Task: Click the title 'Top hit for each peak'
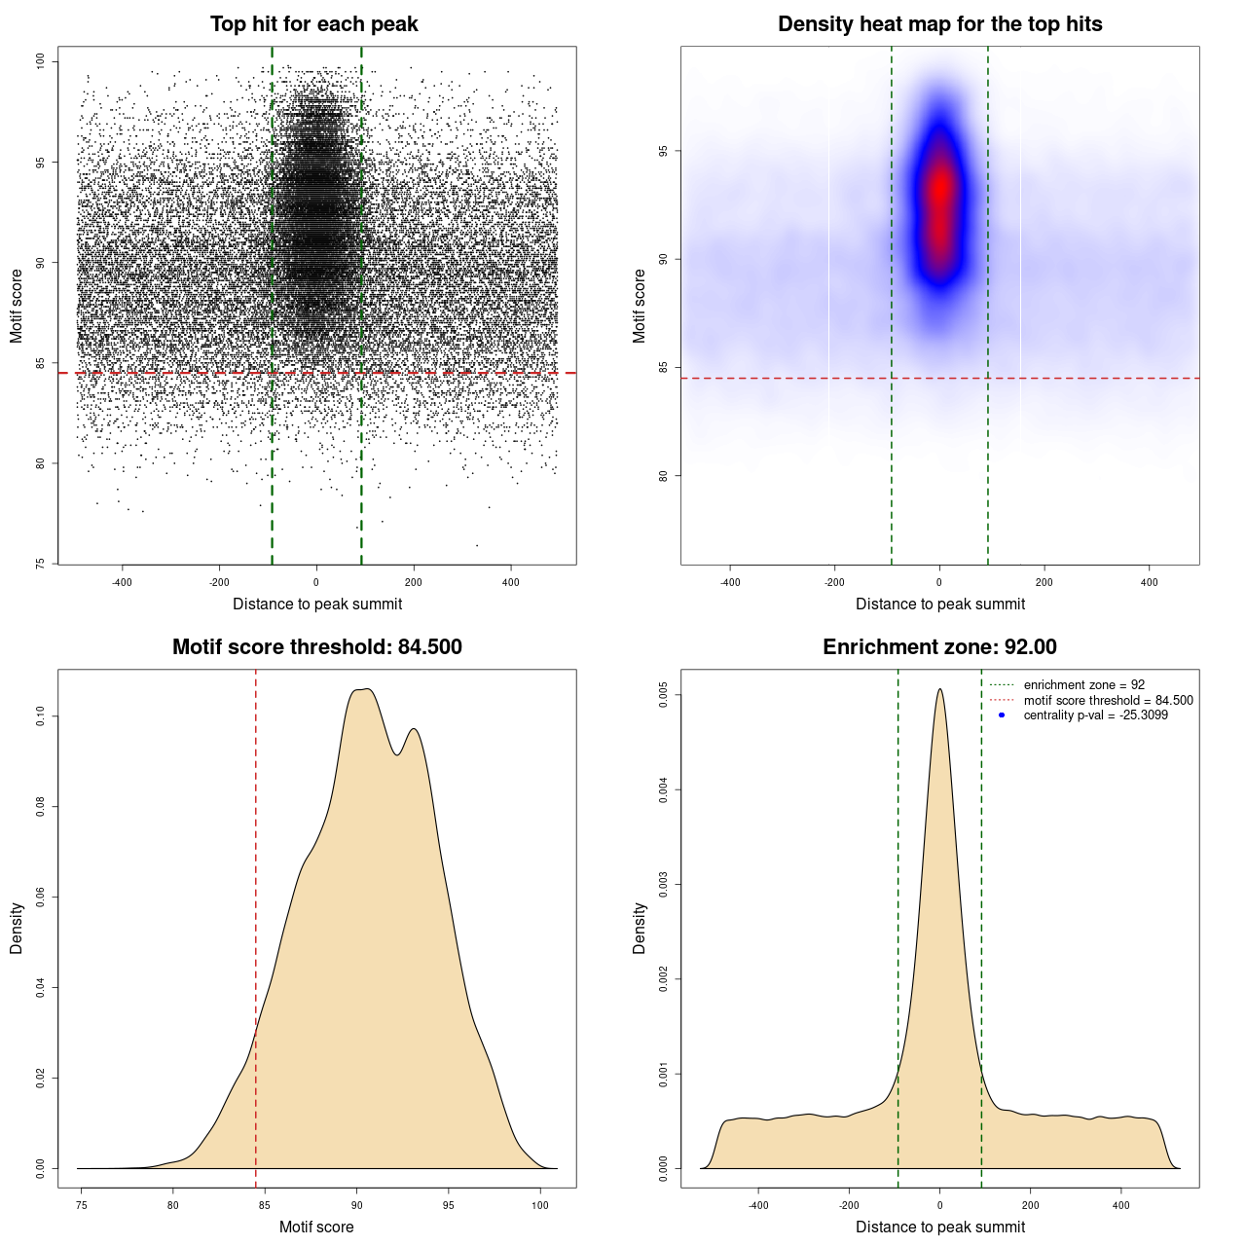pyautogui.click(x=313, y=24)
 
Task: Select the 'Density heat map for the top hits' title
pyautogui.click(x=939, y=24)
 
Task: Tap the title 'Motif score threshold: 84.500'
pyautogui.click(x=316, y=647)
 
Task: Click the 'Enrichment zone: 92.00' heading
pyautogui.click(x=939, y=647)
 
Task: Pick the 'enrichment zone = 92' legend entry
pyautogui.click(x=1083, y=685)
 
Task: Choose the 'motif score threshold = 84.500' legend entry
pyautogui.click(x=1108, y=701)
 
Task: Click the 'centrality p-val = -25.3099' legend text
pyautogui.click(x=1095, y=715)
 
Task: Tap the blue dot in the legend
pyautogui.click(x=1002, y=715)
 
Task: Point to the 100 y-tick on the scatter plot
pyautogui.click(x=41, y=61)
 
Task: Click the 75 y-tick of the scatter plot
pyautogui.click(x=41, y=564)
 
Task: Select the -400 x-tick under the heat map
pyautogui.click(x=730, y=582)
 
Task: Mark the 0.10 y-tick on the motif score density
pyautogui.click(x=41, y=716)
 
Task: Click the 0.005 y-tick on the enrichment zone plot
pyautogui.click(x=664, y=695)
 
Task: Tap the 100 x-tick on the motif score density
pyautogui.click(x=540, y=1205)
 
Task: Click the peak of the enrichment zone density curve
pyautogui.click(x=939, y=690)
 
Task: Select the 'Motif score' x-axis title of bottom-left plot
pyautogui.click(x=316, y=1227)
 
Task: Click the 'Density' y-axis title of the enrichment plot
pyautogui.click(x=640, y=928)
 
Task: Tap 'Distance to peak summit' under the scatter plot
pyautogui.click(x=317, y=604)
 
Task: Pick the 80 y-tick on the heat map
pyautogui.click(x=664, y=475)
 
